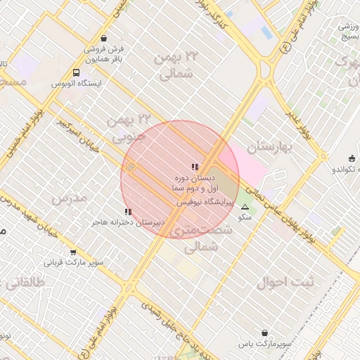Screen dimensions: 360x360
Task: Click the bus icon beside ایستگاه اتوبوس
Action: coord(76,72)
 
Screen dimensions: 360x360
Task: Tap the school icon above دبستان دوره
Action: coord(195,167)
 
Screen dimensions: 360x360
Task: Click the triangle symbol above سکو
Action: coord(245,207)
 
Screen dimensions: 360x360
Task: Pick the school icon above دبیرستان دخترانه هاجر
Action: coord(127,211)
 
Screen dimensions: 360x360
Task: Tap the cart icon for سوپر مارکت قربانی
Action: coord(73,252)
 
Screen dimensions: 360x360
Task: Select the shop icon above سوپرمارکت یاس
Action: coord(264,333)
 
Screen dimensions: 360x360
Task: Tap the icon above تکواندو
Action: coord(351,158)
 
